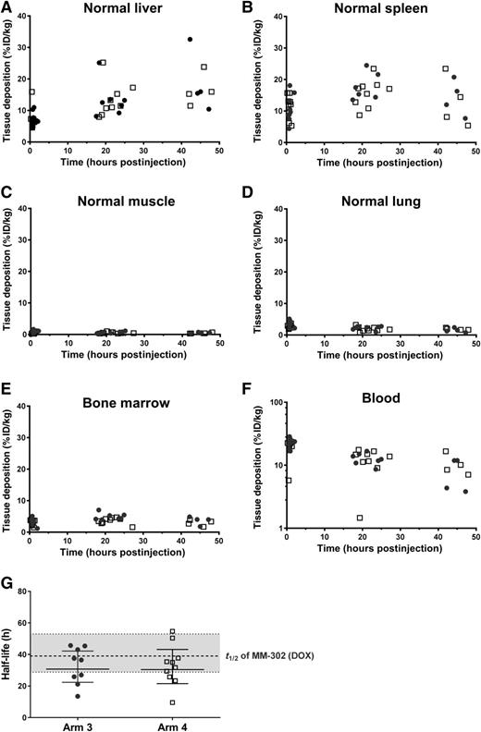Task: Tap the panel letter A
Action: pos(8,8)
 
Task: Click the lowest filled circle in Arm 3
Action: pos(78,696)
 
